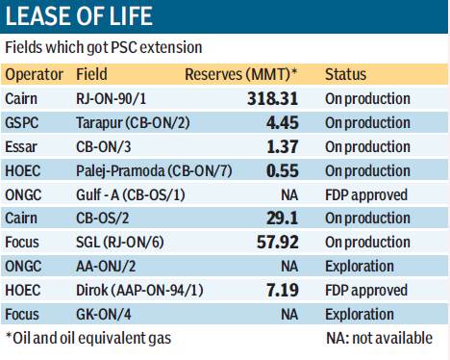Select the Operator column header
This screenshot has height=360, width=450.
click(x=35, y=74)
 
